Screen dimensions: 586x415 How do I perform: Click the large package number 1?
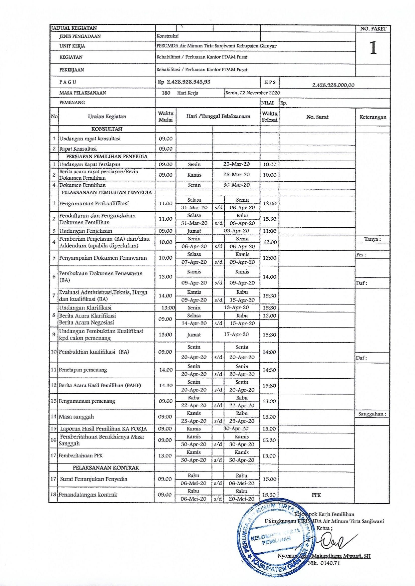click(373, 48)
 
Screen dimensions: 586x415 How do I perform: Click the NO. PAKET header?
click(373, 29)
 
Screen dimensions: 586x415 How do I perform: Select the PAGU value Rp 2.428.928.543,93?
click(184, 82)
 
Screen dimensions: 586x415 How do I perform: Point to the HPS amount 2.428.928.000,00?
click(333, 85)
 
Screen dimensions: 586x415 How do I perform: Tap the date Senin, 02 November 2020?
click(253, 93)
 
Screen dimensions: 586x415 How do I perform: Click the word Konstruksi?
click(167, 36)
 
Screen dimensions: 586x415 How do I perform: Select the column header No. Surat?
click(317, 117)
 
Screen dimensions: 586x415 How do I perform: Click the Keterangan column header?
click(373, 117)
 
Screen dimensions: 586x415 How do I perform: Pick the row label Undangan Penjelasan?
click(86, 231)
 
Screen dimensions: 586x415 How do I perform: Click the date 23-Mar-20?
click(236, 164)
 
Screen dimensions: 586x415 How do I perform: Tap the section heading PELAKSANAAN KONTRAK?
click(106, 467)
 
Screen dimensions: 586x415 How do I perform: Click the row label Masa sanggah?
click(76, 417)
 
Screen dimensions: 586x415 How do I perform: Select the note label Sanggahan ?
click(372, 414)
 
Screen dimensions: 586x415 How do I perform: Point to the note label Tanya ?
click(372, 239)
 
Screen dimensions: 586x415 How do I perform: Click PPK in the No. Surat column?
click(316, 495)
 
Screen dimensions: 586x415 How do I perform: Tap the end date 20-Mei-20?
click(241, 499)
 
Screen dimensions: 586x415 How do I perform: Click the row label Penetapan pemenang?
click(83, 370)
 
